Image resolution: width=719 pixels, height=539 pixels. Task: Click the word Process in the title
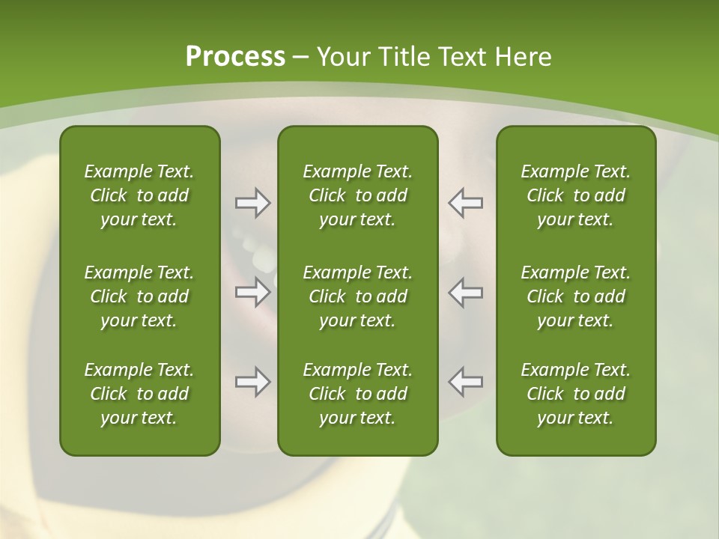(235, 57)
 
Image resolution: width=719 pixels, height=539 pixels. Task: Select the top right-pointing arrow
(252, 203)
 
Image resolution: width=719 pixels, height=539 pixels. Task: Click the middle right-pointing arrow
(252, 292)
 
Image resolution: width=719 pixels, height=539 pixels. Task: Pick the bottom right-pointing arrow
(252, 382)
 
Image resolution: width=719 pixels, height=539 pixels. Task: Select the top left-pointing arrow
(465, 203)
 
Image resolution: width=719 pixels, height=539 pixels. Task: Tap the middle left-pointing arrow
(465, 292)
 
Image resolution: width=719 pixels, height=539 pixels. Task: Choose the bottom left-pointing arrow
(465, 382)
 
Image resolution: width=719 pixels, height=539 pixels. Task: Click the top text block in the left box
(139, 195)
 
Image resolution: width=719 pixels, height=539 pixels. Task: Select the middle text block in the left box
(139, 296)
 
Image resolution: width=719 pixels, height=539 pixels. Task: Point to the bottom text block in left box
(139, 394)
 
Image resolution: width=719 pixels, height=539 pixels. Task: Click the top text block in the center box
(357, 195)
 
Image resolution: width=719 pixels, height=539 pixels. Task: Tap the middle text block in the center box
(357, 296)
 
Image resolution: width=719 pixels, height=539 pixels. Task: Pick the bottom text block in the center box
(357, 394)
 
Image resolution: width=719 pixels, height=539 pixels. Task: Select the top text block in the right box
(575, 195)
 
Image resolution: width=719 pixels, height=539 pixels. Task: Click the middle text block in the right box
(575, 296)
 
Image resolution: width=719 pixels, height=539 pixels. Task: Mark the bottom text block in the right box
(575, 394)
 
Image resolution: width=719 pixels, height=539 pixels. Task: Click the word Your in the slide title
(342, 57)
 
